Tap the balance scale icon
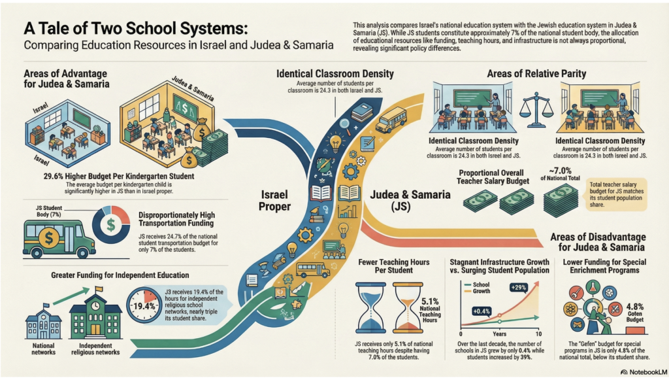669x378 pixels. (x=535, y=108)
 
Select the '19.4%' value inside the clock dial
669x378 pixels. (x=145, y=306)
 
